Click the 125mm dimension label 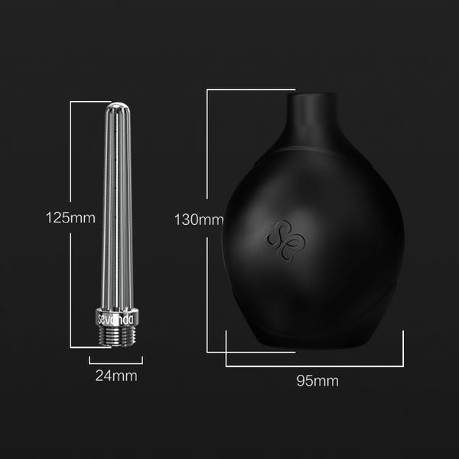70,217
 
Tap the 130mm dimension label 198,220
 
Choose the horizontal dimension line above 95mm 314,365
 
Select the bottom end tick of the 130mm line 218,352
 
